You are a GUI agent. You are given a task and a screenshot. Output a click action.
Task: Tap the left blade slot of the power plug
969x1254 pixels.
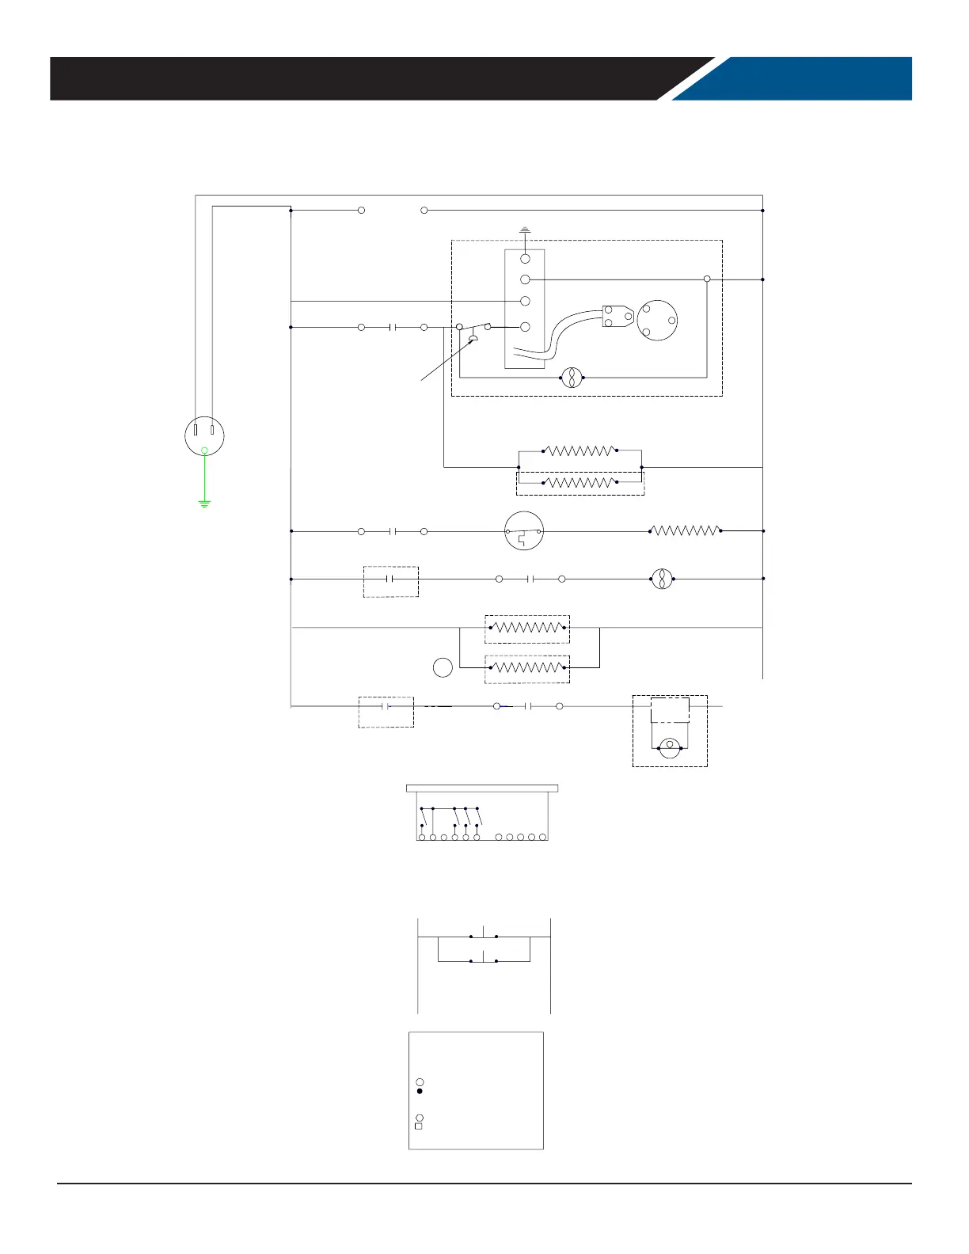(x=196, y=432)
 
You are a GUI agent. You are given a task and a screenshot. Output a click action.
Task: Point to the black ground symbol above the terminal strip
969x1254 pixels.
(x=525, y=231)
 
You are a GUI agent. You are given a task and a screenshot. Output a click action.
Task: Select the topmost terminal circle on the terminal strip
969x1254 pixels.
(x=525, y=259)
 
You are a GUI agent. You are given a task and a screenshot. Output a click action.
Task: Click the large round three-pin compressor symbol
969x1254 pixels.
(x=658, y=320)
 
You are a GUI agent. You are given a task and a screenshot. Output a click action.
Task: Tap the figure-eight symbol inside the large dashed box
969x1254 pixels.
(x=572, y=378)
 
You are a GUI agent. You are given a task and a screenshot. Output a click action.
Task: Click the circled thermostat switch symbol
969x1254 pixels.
(x=524, y=531)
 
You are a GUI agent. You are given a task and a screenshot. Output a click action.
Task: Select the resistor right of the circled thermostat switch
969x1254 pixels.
(x=685, y=530)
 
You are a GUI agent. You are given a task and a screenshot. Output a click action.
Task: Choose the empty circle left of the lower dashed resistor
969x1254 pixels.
(x=443, y=667)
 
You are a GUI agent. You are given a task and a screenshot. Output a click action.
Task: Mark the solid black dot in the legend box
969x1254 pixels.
(x=420, y=1091)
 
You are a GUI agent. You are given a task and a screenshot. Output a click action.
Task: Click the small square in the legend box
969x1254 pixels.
(x=419, y=1126)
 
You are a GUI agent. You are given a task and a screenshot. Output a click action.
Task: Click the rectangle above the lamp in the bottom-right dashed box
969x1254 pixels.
(x=670, y=710)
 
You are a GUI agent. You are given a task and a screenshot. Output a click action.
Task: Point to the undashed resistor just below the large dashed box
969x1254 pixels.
(x=580, y=450)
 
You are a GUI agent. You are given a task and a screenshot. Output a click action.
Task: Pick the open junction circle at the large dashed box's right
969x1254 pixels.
(x=707, y=279)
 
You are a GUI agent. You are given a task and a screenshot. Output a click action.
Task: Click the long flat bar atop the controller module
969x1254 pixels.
(x=482, y=788)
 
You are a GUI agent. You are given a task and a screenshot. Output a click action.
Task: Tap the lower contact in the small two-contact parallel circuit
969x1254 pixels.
(x=483, y=960)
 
